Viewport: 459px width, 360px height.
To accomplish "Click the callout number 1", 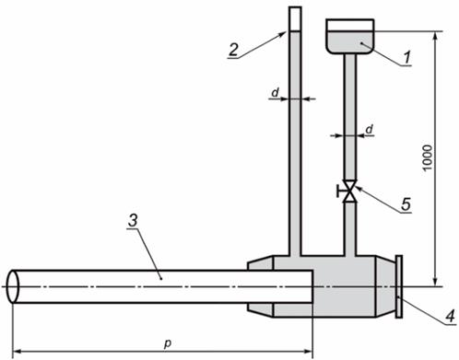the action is (x=406, y=57).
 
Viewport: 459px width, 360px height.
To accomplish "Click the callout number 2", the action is (x=233, y=49).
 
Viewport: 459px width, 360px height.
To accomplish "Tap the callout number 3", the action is (x=133, y=221).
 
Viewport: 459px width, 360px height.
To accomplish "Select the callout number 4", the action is (x=450, y=316).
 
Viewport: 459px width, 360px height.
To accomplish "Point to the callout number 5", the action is (x=406, y=203).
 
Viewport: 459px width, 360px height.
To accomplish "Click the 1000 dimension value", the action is (x=427, y=158).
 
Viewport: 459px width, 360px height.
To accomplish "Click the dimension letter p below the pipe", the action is (x=167, y=343).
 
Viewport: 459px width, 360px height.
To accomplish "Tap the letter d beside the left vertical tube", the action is (x=276, y=92).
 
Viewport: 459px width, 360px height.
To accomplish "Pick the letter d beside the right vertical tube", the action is (x=369, y=130).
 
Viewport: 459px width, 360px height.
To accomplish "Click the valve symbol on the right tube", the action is (x=350, y=192).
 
